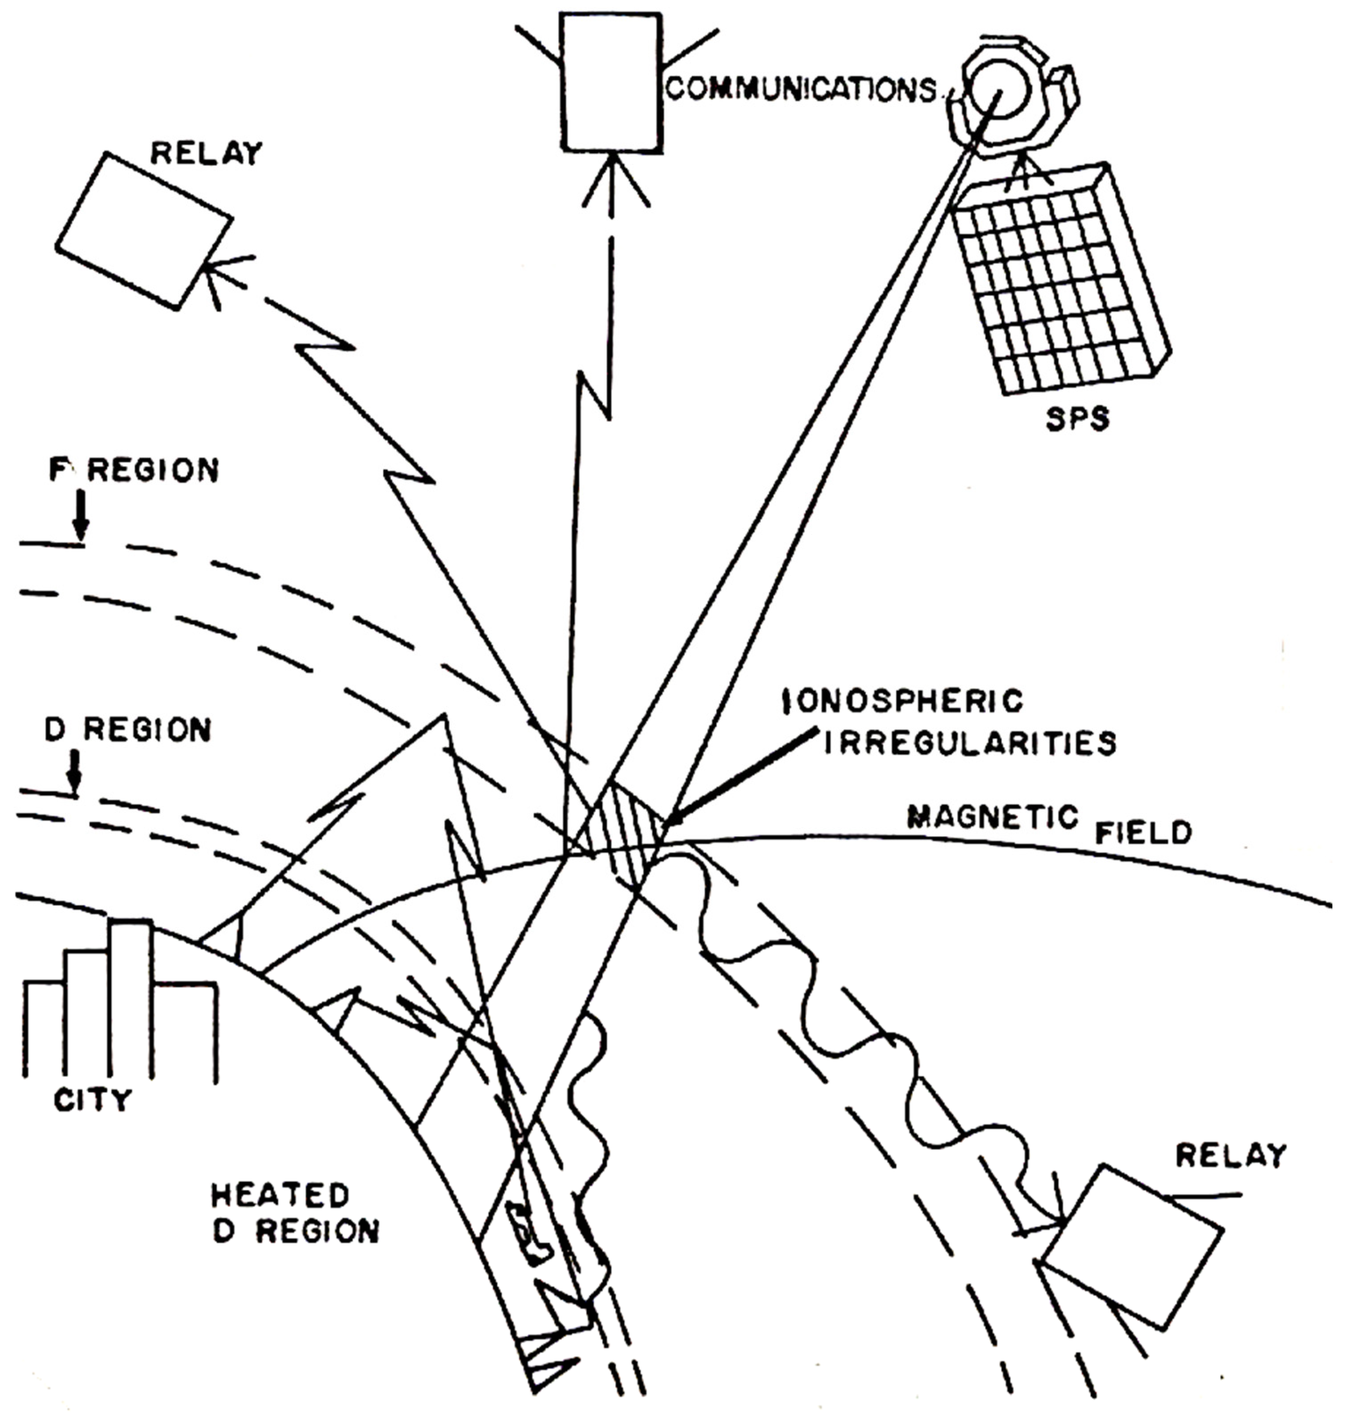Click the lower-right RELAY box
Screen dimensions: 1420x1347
1133,1248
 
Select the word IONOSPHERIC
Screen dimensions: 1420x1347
903,702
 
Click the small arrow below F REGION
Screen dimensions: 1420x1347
81,516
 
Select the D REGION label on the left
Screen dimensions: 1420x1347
128,730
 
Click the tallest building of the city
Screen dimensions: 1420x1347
131,999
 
